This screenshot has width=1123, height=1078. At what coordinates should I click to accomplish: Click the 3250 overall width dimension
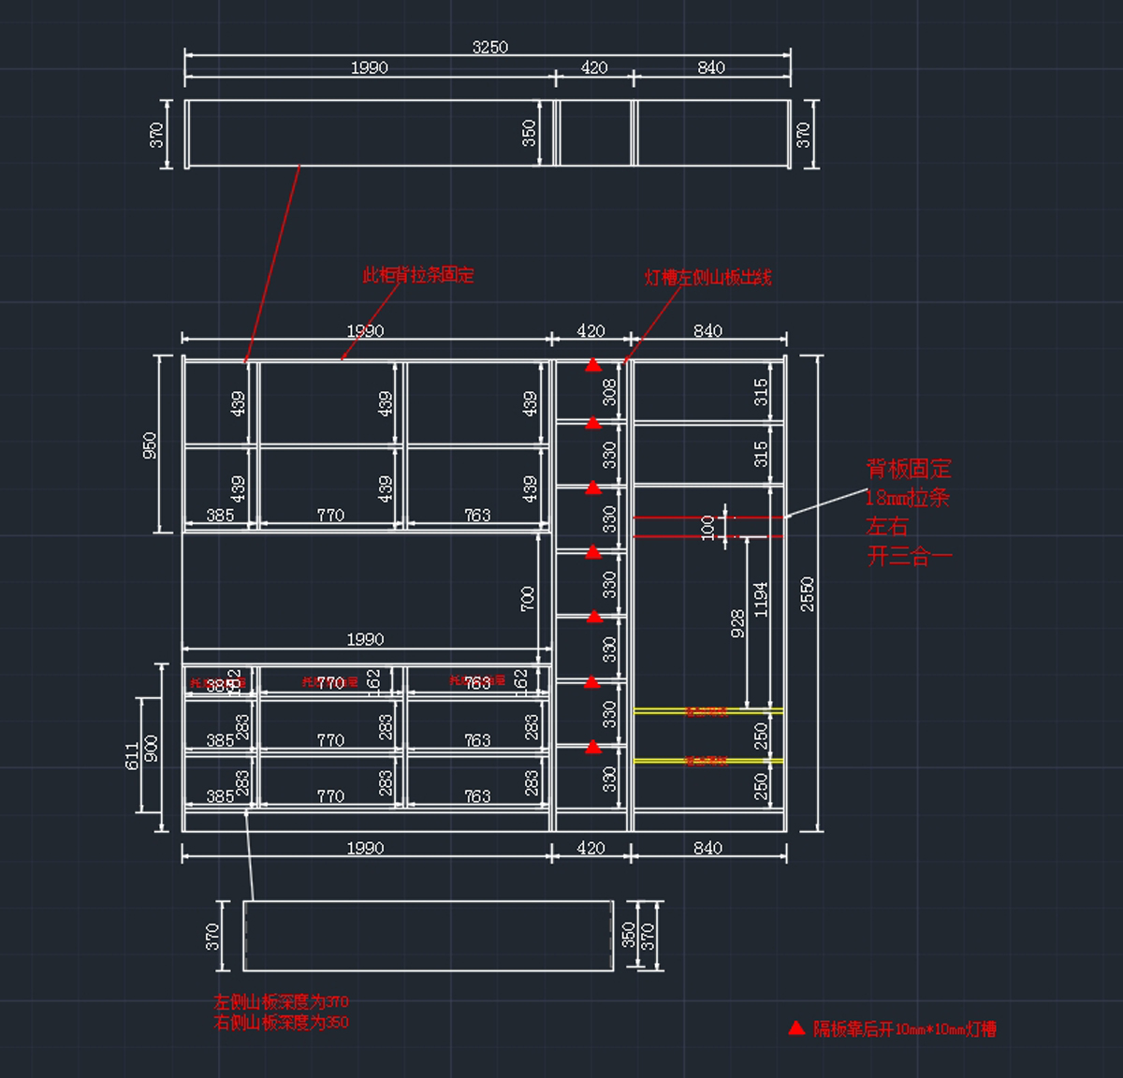click(489, 47)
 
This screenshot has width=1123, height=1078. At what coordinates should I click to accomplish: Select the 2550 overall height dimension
click(808, 594)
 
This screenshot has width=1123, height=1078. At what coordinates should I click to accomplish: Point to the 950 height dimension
click(150, 444)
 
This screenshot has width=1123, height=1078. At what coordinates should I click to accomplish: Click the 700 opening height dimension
click(528, 599)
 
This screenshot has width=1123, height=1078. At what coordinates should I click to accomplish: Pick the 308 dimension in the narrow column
click(610, 392)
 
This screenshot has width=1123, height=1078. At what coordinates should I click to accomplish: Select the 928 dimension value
click(737, 623)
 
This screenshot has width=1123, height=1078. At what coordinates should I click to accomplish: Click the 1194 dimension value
click(761, 599)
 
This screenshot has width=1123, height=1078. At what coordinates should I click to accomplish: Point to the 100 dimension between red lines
click(708, 527)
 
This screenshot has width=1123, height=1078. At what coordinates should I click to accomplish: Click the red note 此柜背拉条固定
click(418, 275)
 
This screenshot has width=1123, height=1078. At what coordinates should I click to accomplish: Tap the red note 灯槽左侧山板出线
click(707, 277)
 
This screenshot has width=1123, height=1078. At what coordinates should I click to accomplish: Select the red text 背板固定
click(908, 469)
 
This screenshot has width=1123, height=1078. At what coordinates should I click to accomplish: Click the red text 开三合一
click(909, 556)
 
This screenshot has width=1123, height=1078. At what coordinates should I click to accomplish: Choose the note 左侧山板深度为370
click(281, 1001)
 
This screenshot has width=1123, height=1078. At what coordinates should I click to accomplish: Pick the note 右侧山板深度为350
click(281, 1022)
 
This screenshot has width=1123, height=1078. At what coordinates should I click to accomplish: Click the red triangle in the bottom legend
click(796, 1027)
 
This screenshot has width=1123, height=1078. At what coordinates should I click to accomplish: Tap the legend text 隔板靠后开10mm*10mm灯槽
click(904, 1029)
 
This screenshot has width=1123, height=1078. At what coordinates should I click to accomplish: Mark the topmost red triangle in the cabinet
click(593, 365)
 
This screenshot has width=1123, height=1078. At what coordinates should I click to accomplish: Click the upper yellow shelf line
click(707, 711)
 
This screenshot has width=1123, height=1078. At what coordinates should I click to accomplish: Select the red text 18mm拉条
click(907, 498)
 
